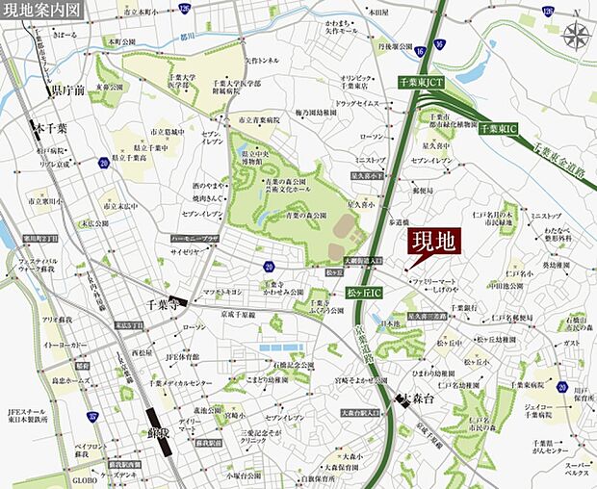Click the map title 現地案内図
click(42, 10)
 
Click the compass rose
click(578, 38)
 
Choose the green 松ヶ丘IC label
click(364, 290)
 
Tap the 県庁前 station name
click(67, 90)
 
